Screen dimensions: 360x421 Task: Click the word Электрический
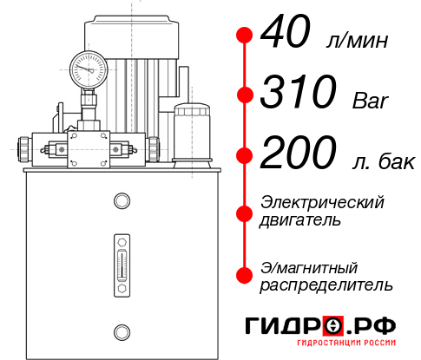[322, 202]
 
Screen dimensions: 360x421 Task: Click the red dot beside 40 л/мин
[246, 36]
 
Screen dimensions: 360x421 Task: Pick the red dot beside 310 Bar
[246, 94]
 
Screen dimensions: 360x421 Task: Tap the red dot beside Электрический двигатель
[246, 211]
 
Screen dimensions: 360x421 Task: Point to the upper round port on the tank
[121, 201]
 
